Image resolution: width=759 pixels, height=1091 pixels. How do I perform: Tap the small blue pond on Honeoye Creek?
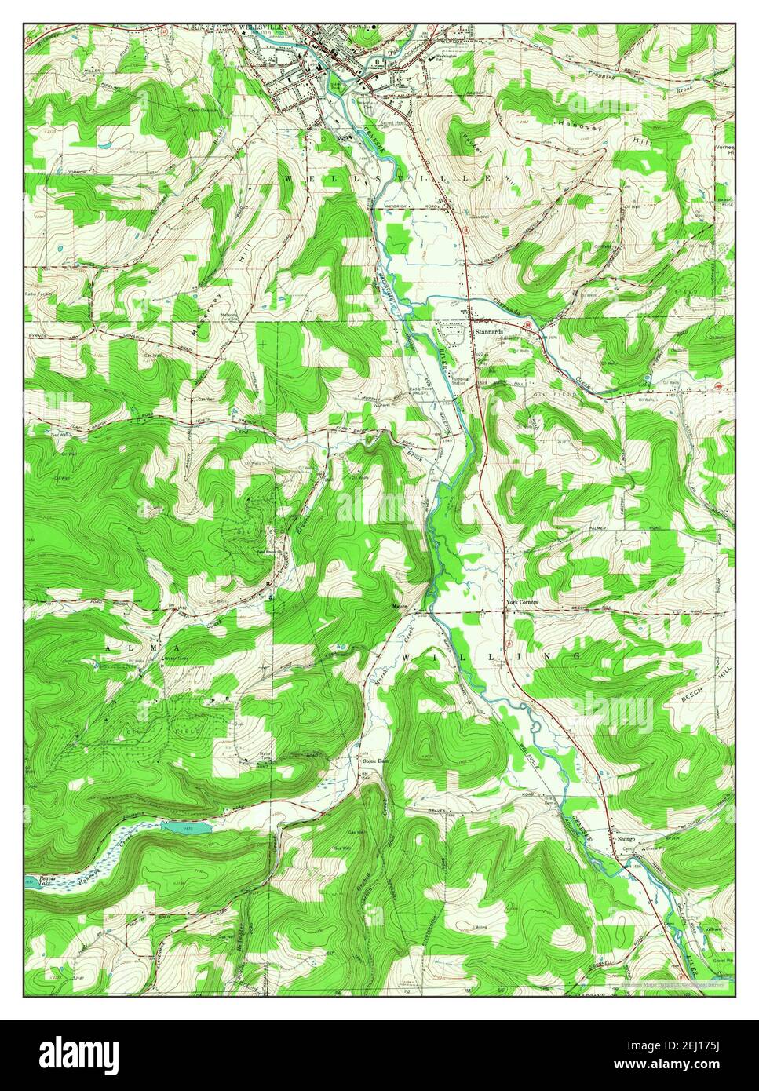coord(186,827)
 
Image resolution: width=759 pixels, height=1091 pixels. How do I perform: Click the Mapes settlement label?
coord(401,606)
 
